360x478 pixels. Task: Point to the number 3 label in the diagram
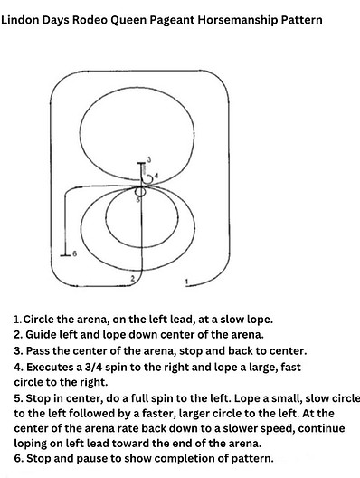click(x=148, y=159)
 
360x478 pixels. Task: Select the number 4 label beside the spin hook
click(x=156, y=175)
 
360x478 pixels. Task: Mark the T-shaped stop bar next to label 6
click(x=64, y=253)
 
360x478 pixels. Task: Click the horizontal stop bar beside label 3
click(x=140, y=164)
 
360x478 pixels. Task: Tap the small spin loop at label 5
click(x=140, y=192)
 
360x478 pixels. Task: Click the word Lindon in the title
click(x=21, y=18)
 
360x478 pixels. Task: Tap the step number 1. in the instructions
click(x=17, y=320)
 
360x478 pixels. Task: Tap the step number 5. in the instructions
click(x=18, y=397)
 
